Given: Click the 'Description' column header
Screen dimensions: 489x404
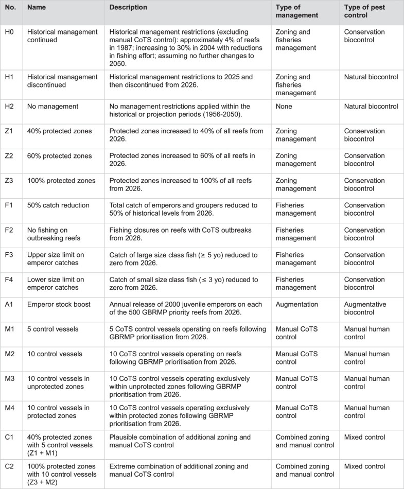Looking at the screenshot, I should [x=128, y=8].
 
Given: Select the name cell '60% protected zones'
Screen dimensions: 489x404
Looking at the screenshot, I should [x=57, y=156].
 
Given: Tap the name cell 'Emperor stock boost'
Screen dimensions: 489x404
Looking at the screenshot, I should [x=57, y=304].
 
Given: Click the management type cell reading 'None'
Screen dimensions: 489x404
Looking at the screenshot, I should [x=284, y=107].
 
